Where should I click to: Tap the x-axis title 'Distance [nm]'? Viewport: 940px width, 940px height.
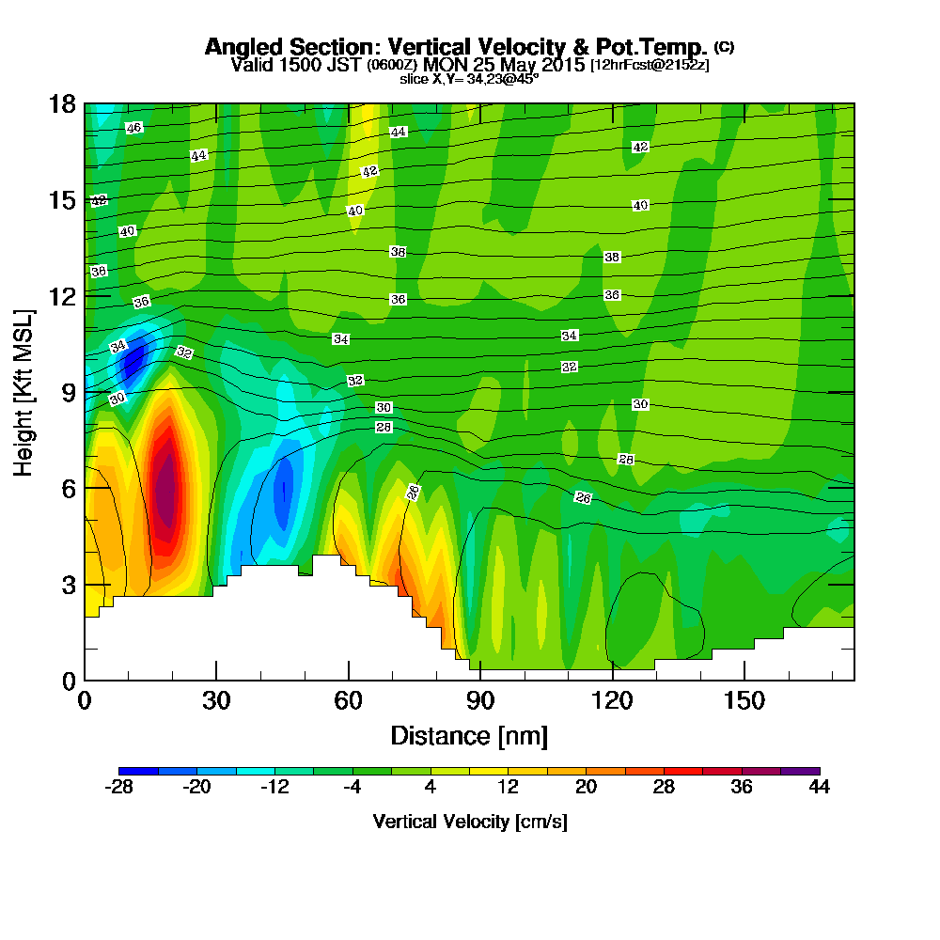click(x=469, y=735)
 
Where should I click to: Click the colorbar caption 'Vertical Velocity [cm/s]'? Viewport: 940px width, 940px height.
click(x=469, y=822)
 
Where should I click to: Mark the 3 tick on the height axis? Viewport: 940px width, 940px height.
click(x=68, y=584)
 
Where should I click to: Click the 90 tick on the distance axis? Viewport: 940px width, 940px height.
click(x=480, y=701)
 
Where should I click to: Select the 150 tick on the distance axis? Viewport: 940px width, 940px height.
click(x=744, y=701)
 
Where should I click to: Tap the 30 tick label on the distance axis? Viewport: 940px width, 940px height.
click(x=216, y=701)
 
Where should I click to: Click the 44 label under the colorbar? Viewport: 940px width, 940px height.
click(x=819, y=788)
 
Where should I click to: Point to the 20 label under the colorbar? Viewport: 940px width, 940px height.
click(x=586, y=788)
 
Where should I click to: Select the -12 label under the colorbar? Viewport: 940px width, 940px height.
click(x=274, y=788)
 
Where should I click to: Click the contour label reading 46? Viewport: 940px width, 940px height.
click(x=133, y=128)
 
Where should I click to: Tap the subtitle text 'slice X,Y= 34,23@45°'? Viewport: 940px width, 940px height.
click(x=469, y=79)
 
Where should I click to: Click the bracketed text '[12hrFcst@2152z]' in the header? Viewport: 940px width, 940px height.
click(x=649, y=65)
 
